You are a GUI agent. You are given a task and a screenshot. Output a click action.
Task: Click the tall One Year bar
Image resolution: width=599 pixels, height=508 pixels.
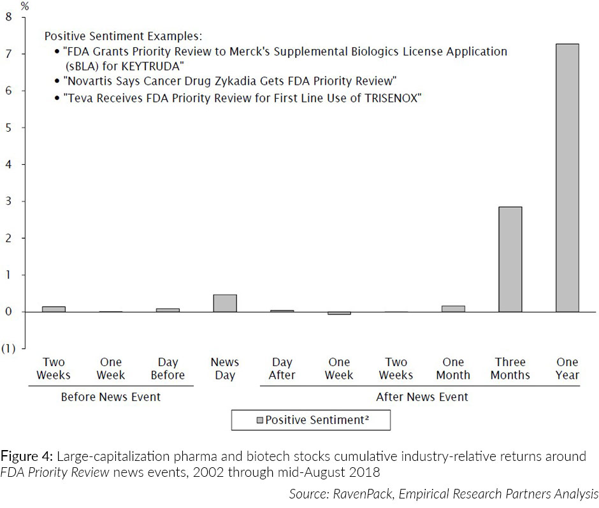click(x=567, y=178)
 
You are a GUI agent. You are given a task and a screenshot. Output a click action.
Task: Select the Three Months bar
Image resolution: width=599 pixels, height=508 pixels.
click(x=510, y=259)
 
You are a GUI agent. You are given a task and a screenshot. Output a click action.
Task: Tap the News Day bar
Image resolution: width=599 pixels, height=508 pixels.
click(x=225, y=304)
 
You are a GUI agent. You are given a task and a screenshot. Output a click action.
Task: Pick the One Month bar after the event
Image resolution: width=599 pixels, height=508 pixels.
click(x=453, y=309)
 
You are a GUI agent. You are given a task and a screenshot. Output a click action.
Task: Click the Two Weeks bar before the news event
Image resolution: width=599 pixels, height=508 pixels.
click(x=54, y=309)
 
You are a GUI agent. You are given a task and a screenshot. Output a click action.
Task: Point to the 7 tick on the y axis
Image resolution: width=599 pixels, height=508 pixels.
click(x=8, y=54)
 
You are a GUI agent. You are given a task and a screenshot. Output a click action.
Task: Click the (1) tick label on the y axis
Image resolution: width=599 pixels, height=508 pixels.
click(x=9, y=349)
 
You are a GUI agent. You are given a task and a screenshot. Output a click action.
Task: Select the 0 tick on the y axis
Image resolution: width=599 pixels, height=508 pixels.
click(x=8, y=312)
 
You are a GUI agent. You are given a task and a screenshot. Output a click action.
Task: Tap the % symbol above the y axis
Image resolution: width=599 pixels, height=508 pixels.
click(x=25, y=6)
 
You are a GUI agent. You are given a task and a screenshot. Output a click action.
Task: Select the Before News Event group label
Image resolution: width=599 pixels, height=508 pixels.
click(x=110, y=397)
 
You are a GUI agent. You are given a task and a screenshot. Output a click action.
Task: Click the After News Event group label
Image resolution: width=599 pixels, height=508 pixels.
click(x=422, y=397)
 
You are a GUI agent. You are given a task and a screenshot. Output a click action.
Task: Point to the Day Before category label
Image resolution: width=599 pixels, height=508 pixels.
click(x=168, y=369)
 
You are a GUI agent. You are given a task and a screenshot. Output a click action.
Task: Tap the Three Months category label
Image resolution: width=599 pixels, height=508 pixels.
click(x=510, y=369)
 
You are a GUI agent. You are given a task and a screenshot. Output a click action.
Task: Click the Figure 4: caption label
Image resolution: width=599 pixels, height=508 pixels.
click(x=27, y=456)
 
